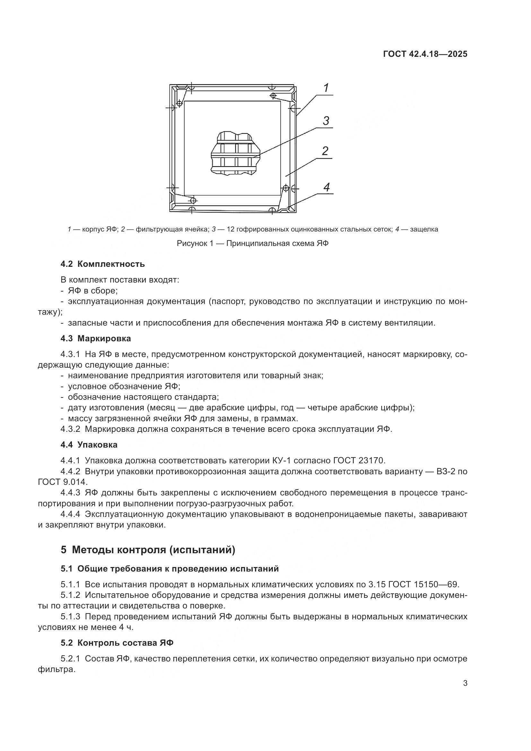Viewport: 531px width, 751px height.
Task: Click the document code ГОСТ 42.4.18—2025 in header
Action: pyautogui.click(x=425, y=54)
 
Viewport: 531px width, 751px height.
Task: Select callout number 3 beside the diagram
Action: pyautogui.click(x=326, y=121)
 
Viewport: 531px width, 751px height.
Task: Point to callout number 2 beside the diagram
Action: pyautogui.click(x=325, y=151)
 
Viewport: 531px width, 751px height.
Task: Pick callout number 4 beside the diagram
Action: pyautogui.click(x=326, y=187)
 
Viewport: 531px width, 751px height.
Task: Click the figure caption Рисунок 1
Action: pyautogui.click(x=252, y=244)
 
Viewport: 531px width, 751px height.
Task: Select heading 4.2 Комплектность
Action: pyautogui.click(x=102, y=264)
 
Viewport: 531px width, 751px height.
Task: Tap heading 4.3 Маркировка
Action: pyautogui.click(x=95, y=338)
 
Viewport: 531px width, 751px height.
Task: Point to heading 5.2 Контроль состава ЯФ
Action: pyautogui.click(x=117, y=643)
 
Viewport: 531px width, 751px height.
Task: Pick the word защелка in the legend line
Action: pyautogui.click(x=423, y=229)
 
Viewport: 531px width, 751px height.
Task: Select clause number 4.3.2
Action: pyautogui.click(x=70, y=429)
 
